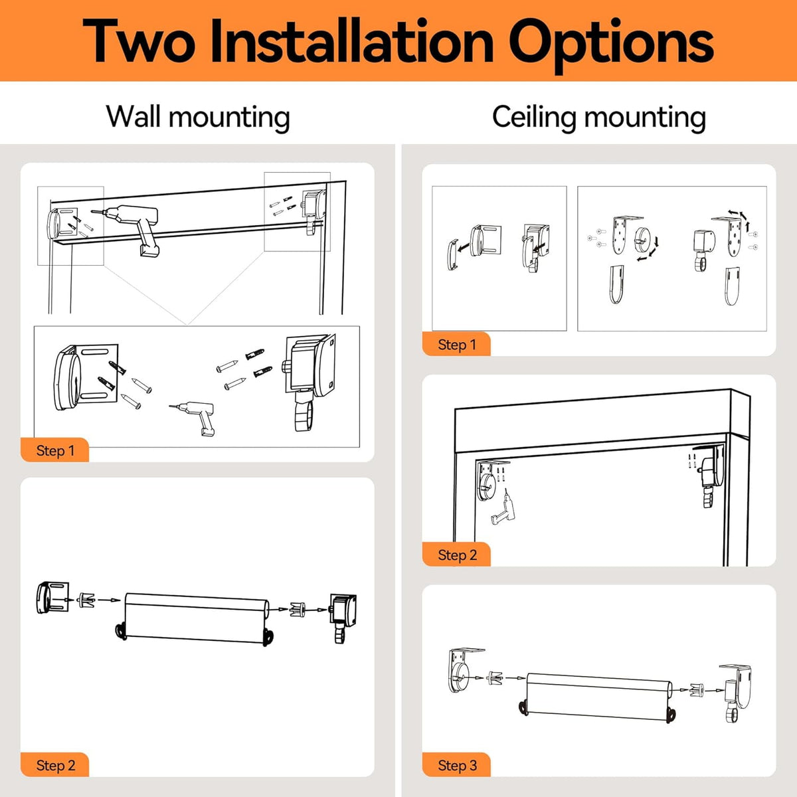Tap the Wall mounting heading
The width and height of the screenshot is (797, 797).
(x=198, y=118)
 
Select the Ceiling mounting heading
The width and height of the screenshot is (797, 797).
(x=599, y=118)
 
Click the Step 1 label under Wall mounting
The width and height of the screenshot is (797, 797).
(x=55, y=450)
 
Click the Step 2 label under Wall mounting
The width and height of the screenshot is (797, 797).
(x=56, y=765)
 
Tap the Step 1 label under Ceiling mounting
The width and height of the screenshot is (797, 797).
(x=457, y=345)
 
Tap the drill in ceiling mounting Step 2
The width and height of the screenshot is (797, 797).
(x=503, y=507)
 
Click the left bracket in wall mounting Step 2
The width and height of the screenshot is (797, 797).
(x=52, y=597)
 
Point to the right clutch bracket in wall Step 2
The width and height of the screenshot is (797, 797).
(x=343, y=617)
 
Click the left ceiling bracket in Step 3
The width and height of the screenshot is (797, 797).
(x=464, y=670)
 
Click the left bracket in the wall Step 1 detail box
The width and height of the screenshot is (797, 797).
(x=86, y=377)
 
